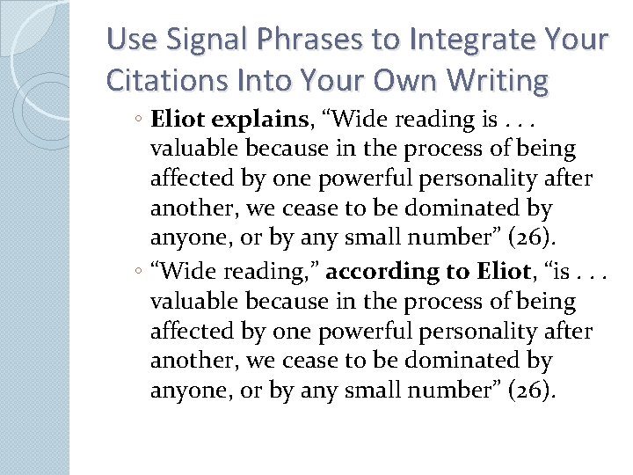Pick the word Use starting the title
pos(129,40)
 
